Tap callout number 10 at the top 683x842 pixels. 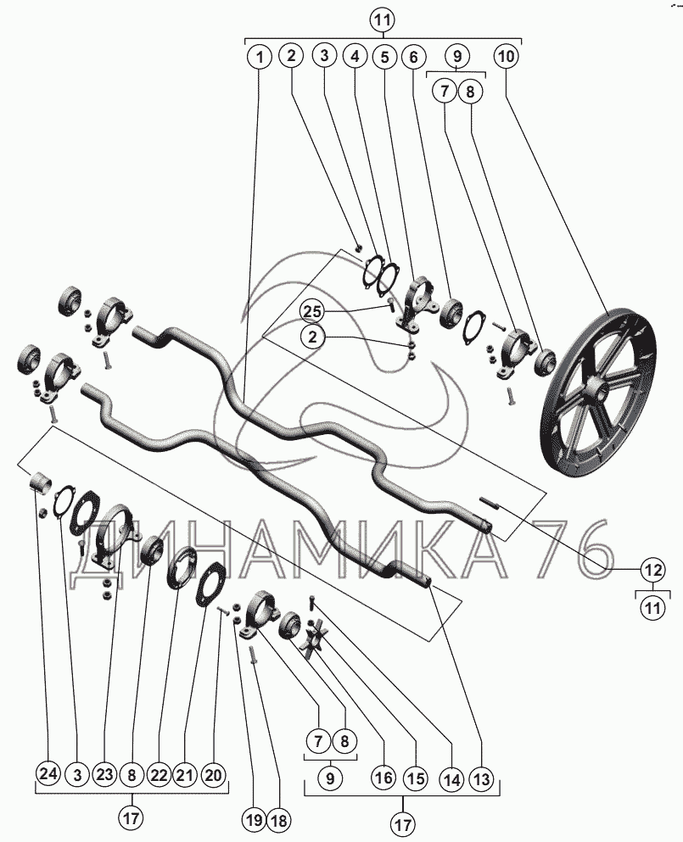pos(506,56)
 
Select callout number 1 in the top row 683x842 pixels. pos(260,56)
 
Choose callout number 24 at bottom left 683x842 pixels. pos(48,774)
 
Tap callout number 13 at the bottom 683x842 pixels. pos(481,778)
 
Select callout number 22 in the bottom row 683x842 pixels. pos(159,775)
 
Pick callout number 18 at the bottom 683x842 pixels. pos(281,819)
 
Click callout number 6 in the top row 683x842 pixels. pos(412,56)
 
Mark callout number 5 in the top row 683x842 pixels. pos(384,56)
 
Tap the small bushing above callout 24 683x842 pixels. pos(41,481)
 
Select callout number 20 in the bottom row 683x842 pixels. pos(213,775)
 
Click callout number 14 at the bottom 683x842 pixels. pos(452,778)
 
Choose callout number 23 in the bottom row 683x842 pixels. pos(104,774)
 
